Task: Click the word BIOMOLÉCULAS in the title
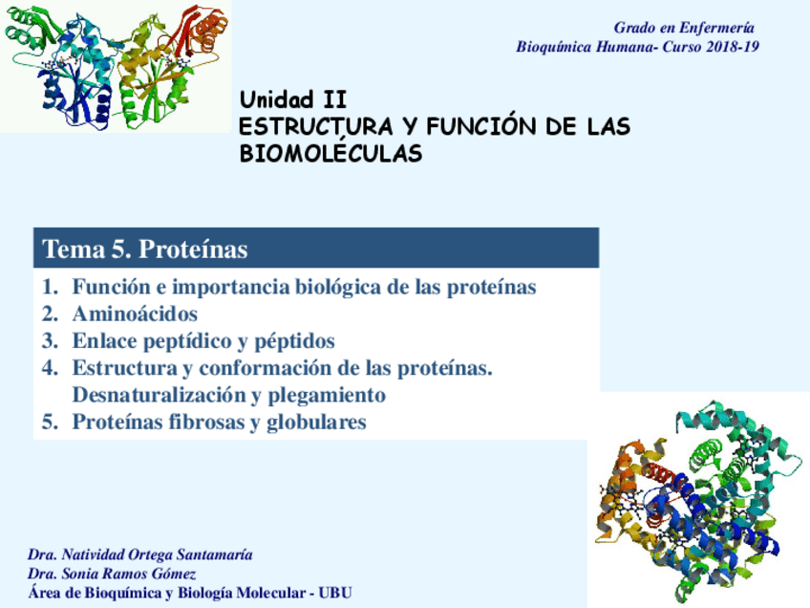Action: (331, 153)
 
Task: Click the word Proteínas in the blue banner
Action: (193, 250)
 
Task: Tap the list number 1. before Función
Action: (50, 287)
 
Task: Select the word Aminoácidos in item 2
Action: (135, 314)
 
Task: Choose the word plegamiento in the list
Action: (327, 396)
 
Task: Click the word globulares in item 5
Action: (316, 423)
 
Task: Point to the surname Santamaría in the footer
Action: (214, 554)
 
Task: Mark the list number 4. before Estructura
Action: (50, 368)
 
